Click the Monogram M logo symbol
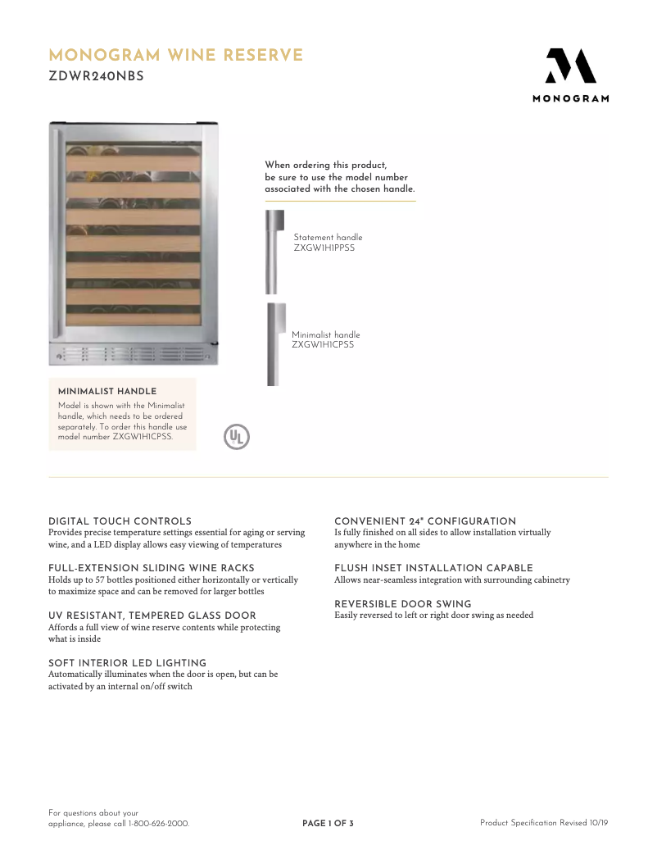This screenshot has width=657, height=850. pos(570,66)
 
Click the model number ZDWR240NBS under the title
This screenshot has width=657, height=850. pos(96,77)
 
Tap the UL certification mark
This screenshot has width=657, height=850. pos(237,436)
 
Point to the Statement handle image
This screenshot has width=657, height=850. pos(274,252)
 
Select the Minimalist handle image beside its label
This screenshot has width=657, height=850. pos(275,344)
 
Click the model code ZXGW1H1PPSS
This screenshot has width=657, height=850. pos(324,248)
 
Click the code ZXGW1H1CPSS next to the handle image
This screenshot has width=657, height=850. pos(323,345)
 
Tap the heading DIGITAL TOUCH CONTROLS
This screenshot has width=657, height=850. pos(120,521)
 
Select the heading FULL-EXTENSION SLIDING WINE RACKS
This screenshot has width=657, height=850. pos(152,568)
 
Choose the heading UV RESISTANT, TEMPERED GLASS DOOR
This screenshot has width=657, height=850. pos(152,616)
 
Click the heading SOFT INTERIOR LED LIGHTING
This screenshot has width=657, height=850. pos(127,663)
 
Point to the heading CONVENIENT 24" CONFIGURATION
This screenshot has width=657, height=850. pos(425,521)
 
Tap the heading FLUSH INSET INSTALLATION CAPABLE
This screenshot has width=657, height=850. pos(433,568)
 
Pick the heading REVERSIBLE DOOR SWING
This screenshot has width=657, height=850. pos(403,604)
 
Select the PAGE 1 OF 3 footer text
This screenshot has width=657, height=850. pos(328,823)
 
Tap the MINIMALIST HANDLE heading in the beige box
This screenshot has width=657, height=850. pos(107,392)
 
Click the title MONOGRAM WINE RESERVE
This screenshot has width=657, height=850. pos(176,56)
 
